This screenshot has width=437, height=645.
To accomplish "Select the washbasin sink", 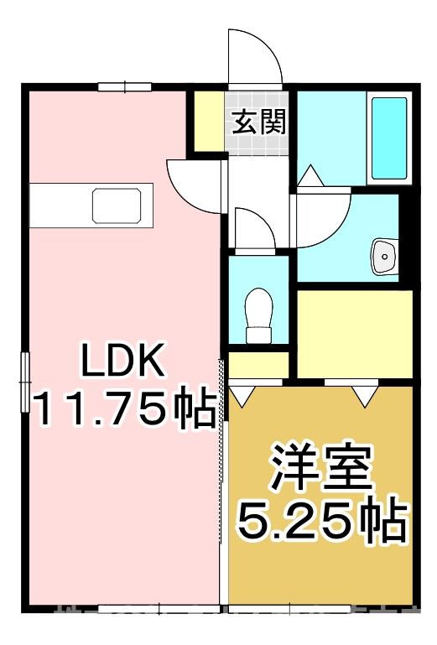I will (385, 255).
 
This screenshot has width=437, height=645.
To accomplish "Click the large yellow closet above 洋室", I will (354, 333).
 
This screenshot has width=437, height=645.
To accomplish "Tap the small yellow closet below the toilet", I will (258, 365).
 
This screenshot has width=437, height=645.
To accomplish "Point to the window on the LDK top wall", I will (123, 86).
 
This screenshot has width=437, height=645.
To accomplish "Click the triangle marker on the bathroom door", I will (308, 177).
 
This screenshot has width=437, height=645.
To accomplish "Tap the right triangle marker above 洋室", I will (365, 395).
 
